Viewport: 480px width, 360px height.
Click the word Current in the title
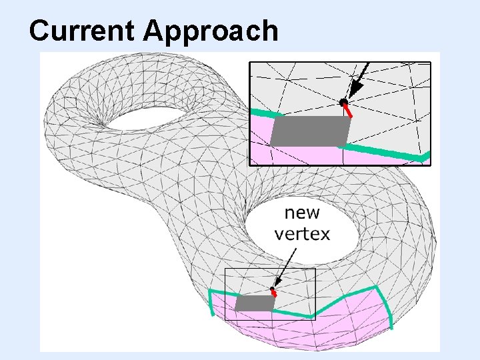click(83, 31)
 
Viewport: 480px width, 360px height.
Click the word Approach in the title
click(211, 32)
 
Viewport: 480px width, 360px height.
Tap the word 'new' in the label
click(302, 213)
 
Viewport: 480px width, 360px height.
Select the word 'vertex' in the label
click(302, 234)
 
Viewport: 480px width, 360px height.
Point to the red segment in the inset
click(348, 110)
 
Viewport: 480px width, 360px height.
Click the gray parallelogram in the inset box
click(311, 131)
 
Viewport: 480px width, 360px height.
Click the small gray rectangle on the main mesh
click(255, 303)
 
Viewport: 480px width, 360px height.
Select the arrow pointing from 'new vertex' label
click(285, 267)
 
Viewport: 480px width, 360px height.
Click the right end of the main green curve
click(391, 327)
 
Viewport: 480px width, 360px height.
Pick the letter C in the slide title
click(41, 31)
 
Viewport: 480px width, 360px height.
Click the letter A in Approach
click(155, 31)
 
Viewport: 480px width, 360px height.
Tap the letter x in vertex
click(325, 234)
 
